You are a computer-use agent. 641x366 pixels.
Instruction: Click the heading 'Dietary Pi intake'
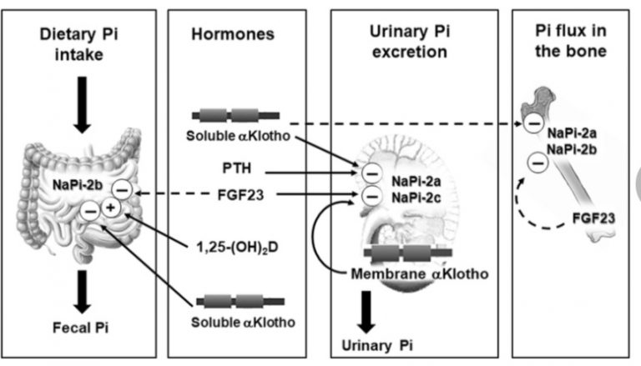81,44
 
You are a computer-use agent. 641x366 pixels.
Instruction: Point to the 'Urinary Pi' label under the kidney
375,344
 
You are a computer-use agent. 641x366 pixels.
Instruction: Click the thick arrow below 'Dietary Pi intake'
81,103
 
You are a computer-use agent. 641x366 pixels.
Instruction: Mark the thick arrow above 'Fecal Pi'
81,289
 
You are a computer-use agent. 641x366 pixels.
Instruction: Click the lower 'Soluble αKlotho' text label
240,321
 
